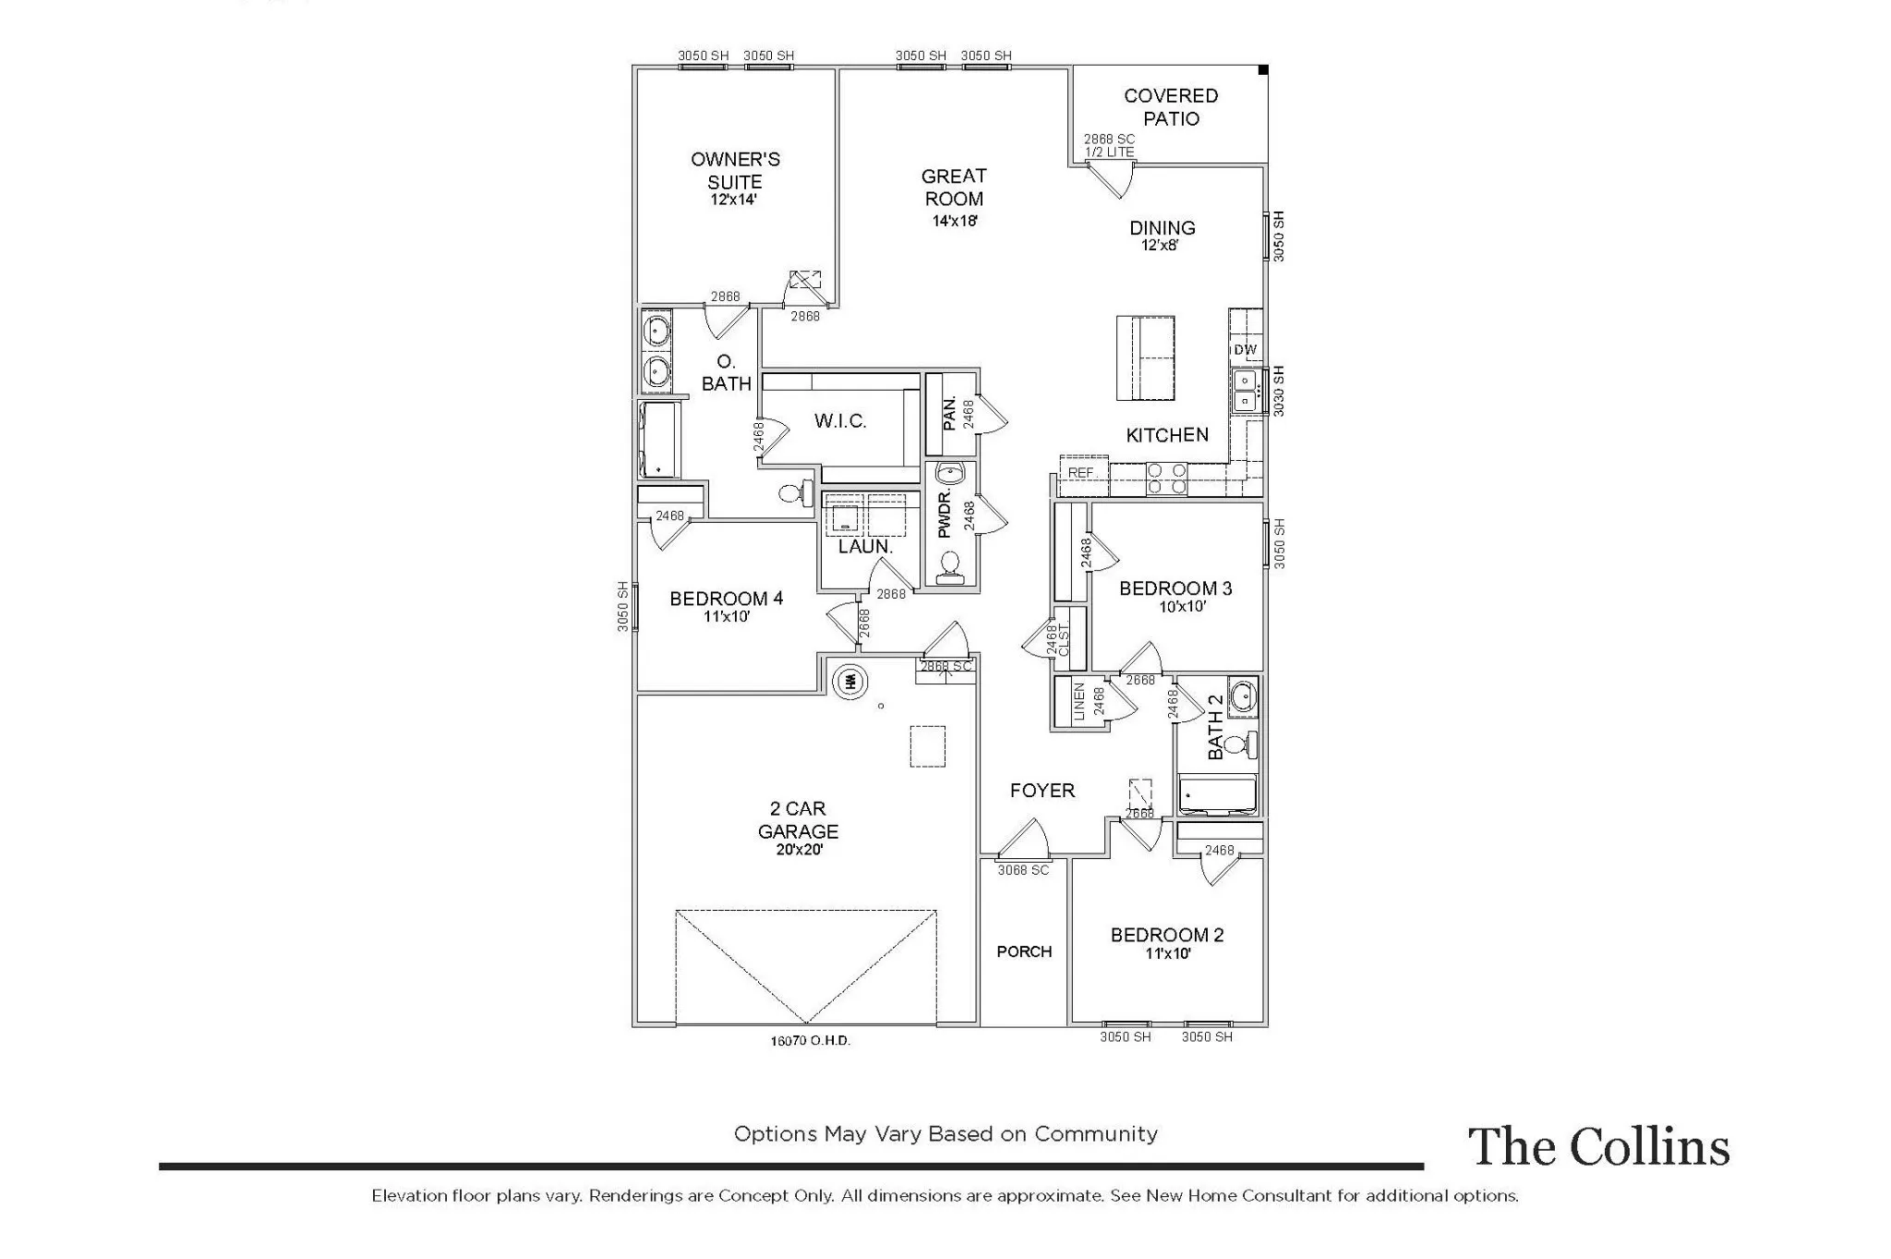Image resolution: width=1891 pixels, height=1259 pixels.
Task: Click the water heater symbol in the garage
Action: (x=851, y=682)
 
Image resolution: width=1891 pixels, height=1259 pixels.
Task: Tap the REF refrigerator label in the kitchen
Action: (x=1080, y=473)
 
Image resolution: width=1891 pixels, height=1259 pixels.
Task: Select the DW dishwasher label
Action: (x=1245, y=349)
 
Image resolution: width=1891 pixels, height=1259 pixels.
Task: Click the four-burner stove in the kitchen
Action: (x=1167, y=478)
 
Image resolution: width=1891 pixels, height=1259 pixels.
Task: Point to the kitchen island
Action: (x=1145, y=357)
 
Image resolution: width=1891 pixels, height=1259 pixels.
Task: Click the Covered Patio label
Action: (x=1171, y=107)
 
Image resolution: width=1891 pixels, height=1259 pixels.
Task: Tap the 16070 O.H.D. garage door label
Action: (x=810, y=1040)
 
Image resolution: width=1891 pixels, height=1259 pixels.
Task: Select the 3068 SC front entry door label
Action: (x=1022, y=870)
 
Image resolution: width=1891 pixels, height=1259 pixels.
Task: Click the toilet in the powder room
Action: (x=949, y=567)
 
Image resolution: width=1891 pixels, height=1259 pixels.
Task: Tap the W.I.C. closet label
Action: (x=840, y=421)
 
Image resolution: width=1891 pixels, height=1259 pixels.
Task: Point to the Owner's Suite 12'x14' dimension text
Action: (x=734, y=200)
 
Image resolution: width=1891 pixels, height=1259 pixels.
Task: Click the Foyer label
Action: (x=1042, y=791)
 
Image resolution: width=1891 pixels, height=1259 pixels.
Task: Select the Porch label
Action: (x=1024, y=951)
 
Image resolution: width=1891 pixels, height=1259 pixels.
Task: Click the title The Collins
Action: (x=1598, y=1146)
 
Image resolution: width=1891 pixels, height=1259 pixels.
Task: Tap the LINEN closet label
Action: (x=1079, y=702)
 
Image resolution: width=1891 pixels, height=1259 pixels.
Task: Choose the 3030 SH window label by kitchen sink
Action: (x=1279, y=391)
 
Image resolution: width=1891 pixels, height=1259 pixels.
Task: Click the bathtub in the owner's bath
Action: (x=657, y=439)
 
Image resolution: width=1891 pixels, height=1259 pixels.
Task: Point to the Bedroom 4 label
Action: (x=727, y=599)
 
